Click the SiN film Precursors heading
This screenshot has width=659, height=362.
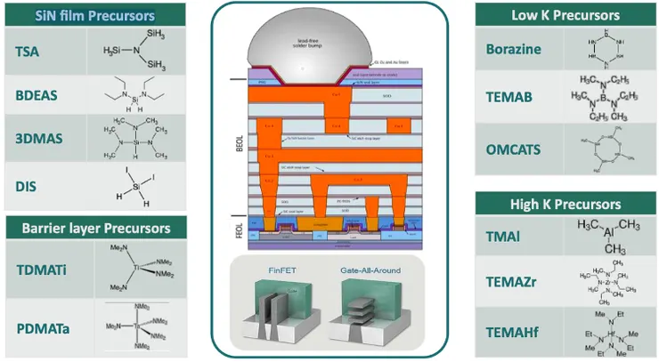[94, 15]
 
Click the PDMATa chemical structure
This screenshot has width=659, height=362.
[135, 328]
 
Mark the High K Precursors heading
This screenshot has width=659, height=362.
[567, 205]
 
